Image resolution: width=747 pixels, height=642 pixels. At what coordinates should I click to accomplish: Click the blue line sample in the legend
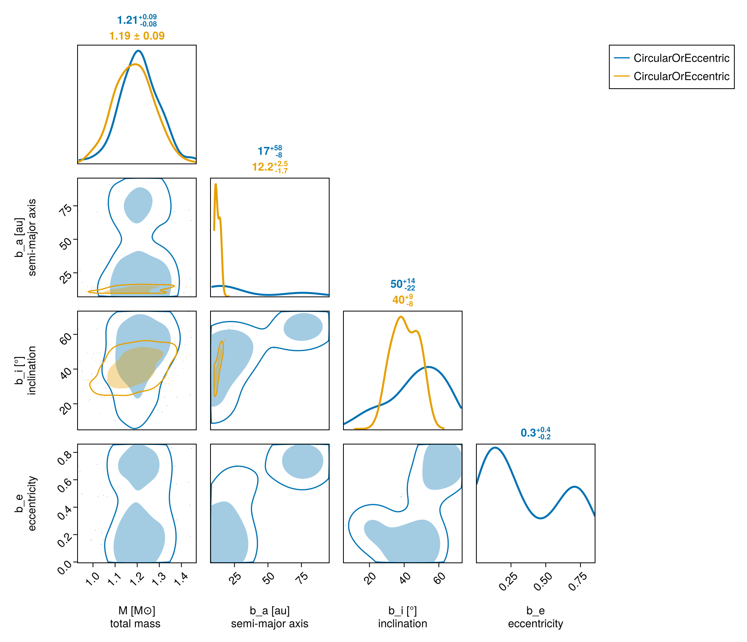(622, 58)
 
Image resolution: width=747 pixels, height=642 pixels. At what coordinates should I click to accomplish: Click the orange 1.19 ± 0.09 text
(137, 36)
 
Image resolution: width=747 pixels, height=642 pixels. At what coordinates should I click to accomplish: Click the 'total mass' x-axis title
(135, 624)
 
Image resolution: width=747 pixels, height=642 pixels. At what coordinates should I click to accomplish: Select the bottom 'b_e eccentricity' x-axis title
(535, 617)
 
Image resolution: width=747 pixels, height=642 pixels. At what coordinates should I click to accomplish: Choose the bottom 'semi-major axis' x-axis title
(269, 624)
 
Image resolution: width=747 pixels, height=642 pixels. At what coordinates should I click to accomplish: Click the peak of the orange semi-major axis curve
(216, 184)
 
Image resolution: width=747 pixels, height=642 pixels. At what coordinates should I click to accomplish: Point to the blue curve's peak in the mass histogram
(138, 51)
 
